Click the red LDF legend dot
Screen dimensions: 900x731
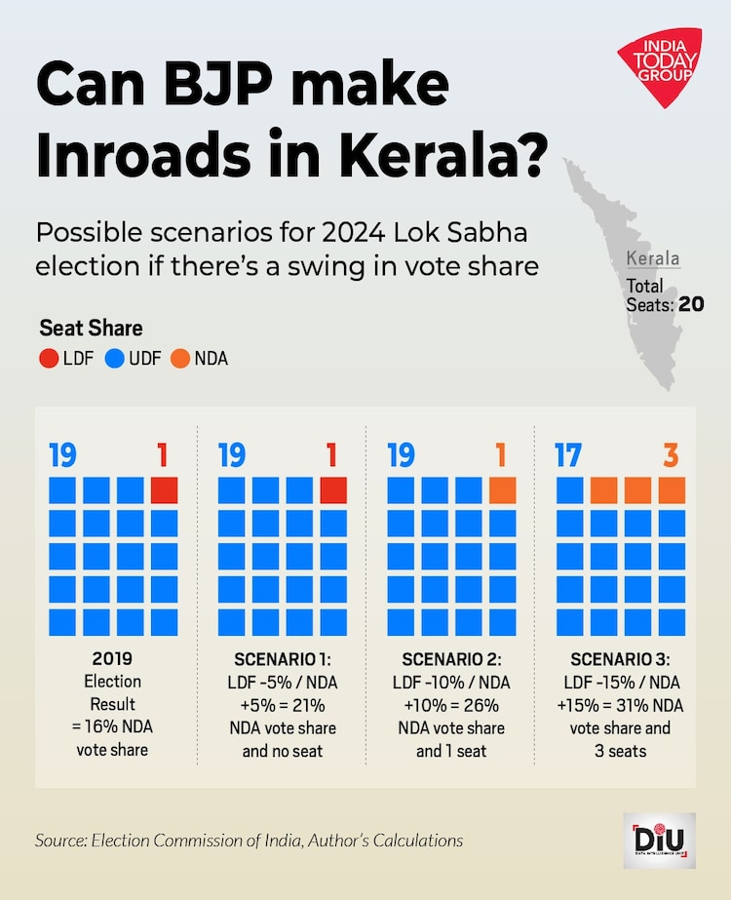(48, 358)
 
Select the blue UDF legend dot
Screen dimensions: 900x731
(114, 358)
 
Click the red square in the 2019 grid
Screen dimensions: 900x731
(165, 489)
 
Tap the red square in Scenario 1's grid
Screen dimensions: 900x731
(333, 489)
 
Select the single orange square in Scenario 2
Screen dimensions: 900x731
(502, 489)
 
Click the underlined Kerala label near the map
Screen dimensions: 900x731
(653, 260)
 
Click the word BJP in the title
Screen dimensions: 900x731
(199, 87)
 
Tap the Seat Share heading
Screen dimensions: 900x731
(91, 329)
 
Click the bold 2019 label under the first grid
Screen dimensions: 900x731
(113, 658)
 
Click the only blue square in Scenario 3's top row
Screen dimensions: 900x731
(570, 489)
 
